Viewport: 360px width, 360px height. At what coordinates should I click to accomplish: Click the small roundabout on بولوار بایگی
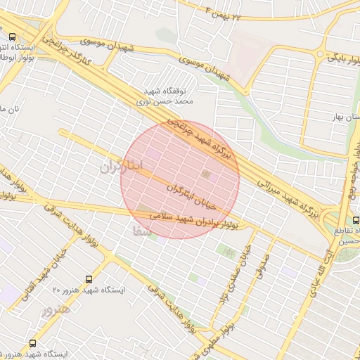point(321,54)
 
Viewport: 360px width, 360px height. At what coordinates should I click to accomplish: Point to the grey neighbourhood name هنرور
point(57,309)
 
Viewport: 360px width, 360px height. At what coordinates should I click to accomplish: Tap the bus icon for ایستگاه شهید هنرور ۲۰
point(89,279)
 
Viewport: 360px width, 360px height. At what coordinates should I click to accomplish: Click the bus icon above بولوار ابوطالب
point(13,37)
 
